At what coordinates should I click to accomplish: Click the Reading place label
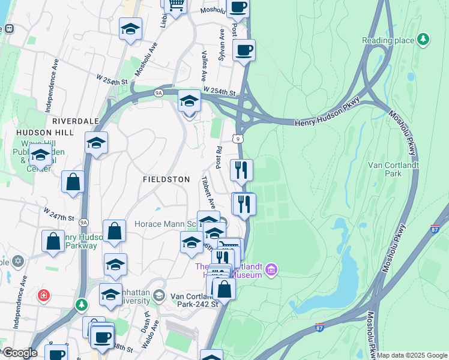388,40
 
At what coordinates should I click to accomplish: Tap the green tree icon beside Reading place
424,39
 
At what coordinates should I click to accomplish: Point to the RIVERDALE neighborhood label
75,121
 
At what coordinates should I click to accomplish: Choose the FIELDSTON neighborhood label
166,179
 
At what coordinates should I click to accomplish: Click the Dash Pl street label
146,319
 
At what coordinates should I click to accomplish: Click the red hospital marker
43,295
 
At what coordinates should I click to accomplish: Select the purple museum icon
271,271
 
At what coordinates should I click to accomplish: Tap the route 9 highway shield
240,139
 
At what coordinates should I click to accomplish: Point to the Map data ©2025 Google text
412,355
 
